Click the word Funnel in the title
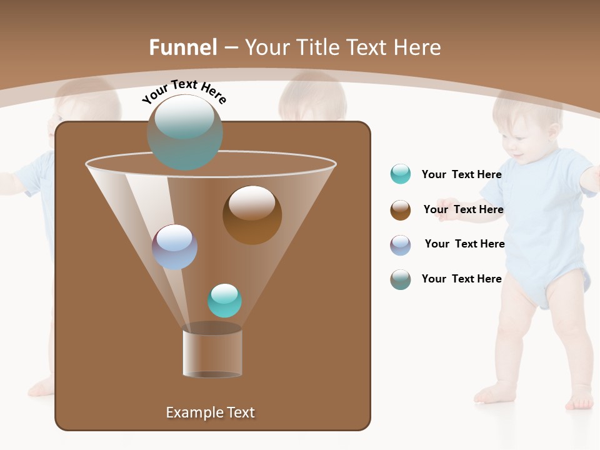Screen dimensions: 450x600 [183, 47]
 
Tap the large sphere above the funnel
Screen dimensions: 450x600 [185, 132]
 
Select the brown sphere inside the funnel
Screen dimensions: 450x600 [252, 214]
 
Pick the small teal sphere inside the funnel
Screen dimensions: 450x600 [224, 300]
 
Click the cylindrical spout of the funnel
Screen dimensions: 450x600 [212, 352]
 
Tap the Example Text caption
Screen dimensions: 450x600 [211, 412]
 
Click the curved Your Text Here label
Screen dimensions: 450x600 [184, 91]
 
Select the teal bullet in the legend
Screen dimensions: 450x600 [401, 174]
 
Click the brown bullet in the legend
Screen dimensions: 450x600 [401, 210]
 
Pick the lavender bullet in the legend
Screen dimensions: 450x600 [401, 245]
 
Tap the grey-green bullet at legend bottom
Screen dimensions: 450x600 [401, 279]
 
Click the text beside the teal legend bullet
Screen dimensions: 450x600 [461, 174]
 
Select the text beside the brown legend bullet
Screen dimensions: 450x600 [463, 209]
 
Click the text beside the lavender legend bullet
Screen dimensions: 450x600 [464, 244]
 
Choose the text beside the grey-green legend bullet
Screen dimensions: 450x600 [461, 279]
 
